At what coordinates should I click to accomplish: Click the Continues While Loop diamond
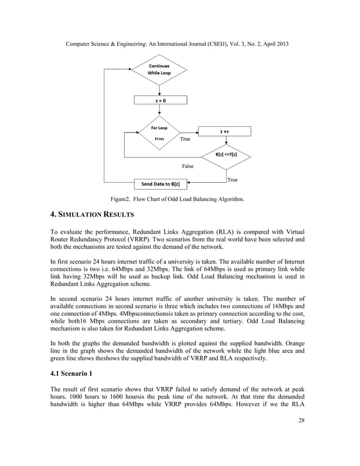click(159, 69)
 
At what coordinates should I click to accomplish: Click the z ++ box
click(224, 131)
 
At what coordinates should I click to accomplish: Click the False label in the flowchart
click(187, 166)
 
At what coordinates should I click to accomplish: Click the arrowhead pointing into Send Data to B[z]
click(189, 183)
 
